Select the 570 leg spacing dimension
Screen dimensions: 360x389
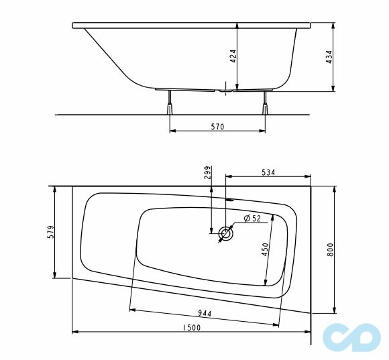pyautogui.click(x=217, y=126)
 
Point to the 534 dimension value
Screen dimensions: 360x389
pyautogui.click(x=268, y=172)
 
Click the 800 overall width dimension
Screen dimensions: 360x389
pyautogui.click(x=329, y=249)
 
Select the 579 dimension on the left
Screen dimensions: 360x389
pyautogui.click(x=50, y=234)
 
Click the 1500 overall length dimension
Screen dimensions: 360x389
pyautogui.click(x=191, y=327)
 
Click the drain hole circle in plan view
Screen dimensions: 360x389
pyautogui.click(x=226, y=235)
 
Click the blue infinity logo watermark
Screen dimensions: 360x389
pyautogui.click(x=348, y=339)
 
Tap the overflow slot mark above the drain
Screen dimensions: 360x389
pyautogui.click(x=229, y=198)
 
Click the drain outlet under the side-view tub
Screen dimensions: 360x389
pyautogui.click(x=226, y=88)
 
